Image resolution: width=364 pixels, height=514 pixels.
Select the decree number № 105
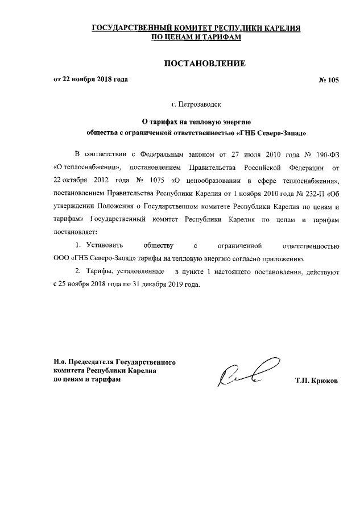pyautogui.click(x=328, y=80)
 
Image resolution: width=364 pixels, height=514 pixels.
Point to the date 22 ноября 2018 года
pyautogui.click(x=95, y=80)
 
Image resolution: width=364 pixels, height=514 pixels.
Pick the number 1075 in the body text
pyautogui.click(x=145, y=181)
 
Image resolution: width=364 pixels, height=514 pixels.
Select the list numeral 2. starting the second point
pyautogui.click(x=78, y=271)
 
